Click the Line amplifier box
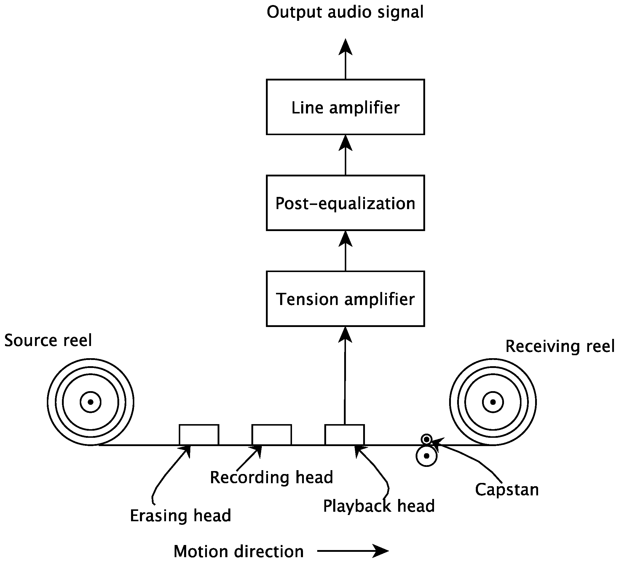point(345,107)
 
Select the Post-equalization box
point(345,203)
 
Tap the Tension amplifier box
point(345,298)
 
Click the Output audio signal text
point(345,12)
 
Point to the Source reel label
point(48,341)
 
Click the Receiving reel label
point(560,346)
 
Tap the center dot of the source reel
point(91,402)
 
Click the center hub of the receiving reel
point(493,402)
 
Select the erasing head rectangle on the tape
point(199,435)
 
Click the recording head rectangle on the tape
point(272,435)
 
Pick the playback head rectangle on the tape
point(344,435)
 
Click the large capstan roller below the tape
point(427,456)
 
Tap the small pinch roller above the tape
point(427,439)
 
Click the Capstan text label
point(507,489)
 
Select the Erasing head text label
point(181,516)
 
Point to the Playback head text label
point(379,506)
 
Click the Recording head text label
point(272,478)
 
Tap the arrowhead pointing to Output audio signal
point(345,48)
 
